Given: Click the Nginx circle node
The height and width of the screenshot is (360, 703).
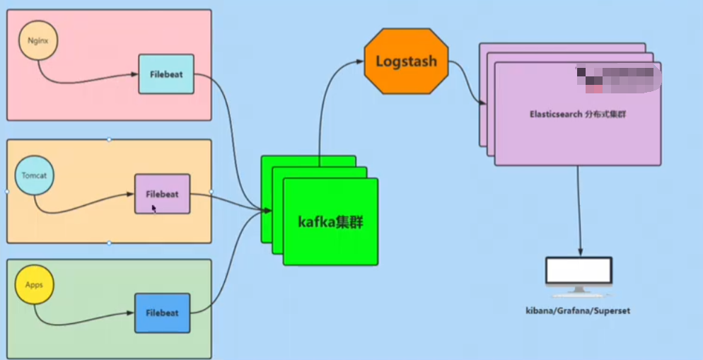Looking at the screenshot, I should (x=37, y=40).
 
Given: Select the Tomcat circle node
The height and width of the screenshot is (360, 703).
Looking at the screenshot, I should (x=34, y=175).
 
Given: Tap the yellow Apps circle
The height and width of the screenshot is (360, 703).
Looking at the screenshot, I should (x=35, y=285).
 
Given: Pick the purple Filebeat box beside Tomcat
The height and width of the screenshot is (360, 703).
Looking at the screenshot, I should (x=163, y=193).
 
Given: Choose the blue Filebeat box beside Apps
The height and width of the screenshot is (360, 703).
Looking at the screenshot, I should (x=163, y=313).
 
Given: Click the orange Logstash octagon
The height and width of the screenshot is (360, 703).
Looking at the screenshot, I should (x=406, y=61).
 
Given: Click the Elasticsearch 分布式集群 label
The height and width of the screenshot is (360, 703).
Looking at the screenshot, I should (x=578, y=114).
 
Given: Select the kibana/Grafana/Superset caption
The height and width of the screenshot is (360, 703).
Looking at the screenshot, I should (x=579, y=310).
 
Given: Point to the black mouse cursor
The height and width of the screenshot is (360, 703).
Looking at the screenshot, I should (x=154, y=209).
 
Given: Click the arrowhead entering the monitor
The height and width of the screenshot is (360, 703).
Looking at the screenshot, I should (x=581, y=252).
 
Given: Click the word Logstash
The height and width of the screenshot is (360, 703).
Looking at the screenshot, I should (x=406, y=61).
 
